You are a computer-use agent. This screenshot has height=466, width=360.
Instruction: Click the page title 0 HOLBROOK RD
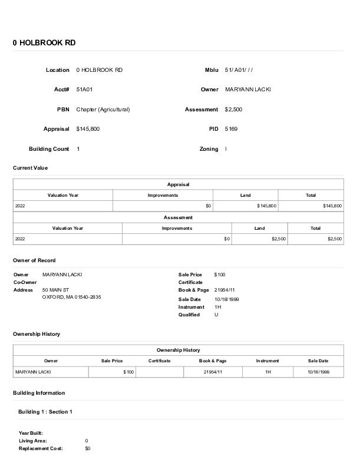pos(44,43)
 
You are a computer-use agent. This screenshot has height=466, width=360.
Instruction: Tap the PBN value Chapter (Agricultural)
pos(103,110)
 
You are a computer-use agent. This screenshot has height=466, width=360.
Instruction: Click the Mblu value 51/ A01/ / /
pos(239,70)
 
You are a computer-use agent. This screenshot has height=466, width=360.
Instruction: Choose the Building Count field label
pos(49,149)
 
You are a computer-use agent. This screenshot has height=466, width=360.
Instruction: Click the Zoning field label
pos(209,149)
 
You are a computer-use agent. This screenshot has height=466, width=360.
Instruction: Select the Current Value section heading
pos(30,168)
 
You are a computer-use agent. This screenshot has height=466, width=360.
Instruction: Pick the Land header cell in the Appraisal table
pos(246,195)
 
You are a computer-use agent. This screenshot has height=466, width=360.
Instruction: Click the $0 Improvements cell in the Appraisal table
pos(208,206)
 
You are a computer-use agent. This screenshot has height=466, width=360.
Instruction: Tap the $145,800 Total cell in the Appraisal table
pos(332,206)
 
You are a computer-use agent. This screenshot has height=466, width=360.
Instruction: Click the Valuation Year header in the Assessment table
pos(68,228)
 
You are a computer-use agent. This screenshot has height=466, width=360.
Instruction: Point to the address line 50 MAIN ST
pos(56,290)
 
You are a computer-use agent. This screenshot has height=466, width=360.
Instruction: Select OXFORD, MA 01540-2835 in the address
pos(71,297)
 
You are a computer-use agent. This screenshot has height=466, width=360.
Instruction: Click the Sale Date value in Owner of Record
pos(226,299)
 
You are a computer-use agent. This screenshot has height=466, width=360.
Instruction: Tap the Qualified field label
pos(189,315)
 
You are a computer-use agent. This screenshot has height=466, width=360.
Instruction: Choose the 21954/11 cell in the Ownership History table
pos(213,372)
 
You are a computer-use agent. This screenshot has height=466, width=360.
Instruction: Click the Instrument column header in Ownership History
pos(267,361)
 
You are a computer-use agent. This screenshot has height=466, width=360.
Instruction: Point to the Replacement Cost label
pos(41,448)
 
